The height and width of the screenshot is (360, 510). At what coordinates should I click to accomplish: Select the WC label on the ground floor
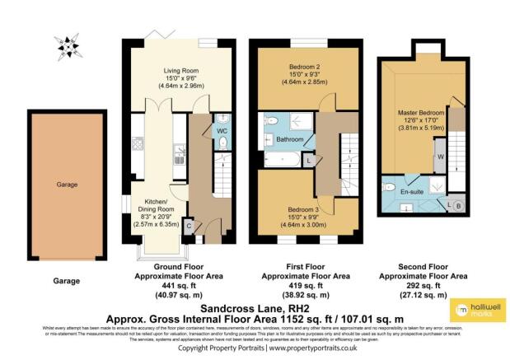point(222,130)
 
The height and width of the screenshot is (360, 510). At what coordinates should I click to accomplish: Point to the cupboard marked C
point(189,224)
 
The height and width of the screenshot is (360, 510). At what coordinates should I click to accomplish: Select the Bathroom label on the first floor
point(290,139)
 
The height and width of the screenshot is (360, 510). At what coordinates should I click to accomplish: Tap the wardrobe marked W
point(441,157)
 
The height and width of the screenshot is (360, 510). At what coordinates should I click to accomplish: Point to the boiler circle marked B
point(458,203)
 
